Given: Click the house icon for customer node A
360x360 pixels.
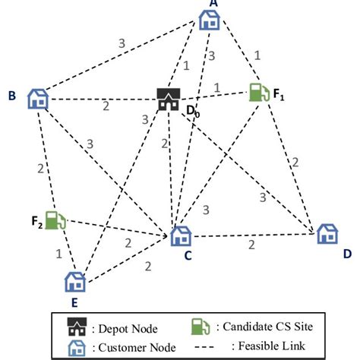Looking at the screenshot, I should pyautogui.click(x=209, y=21).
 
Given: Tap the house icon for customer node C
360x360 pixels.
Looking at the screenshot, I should pyautogui.click(x=180, y=236).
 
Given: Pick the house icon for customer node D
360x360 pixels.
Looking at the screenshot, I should pyautogui.click(x=327, y=234).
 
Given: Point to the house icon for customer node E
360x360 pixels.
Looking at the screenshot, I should pyautogui.click(x=74, y=282).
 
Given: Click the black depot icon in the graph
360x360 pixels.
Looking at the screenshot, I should pyautogui.click(x=168, y=99).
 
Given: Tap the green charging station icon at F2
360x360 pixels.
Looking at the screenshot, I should pyautogui.click(x=55, y=221).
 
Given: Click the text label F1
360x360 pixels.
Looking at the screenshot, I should pyautogui.click(x=280, y=95).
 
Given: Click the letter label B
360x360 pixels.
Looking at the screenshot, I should pyautogui.click(x=12, y=96).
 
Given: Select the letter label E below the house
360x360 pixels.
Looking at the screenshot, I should pyautogui.click(x=74, y=302).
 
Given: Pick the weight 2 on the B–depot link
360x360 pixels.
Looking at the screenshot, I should pyautogui.click(x=106, y=106).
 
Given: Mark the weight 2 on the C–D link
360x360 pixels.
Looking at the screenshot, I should pyautogui.click(x=251, y=244).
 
